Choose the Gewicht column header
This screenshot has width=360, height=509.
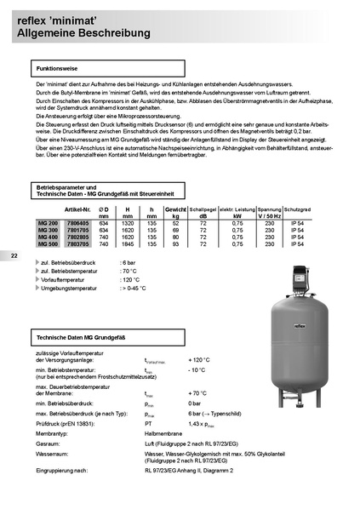pyautogui.click(x=175, y=209)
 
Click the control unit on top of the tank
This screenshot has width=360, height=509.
pyautogui.click(x=295, y=274)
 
